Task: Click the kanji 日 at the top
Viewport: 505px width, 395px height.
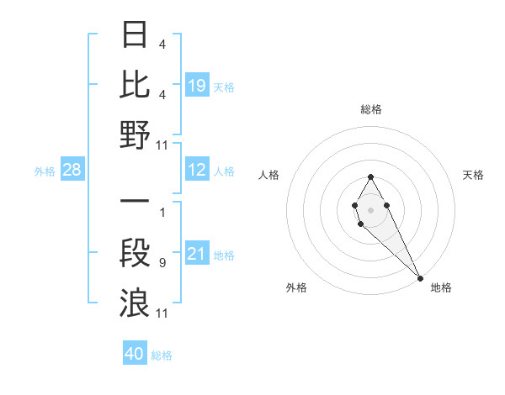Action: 135,34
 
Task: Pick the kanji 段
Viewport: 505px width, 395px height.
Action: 135,253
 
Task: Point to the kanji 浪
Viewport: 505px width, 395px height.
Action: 135,303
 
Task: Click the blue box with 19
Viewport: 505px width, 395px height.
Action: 196,85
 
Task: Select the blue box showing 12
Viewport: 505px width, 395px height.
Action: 196,171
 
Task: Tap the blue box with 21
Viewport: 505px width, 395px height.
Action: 196,254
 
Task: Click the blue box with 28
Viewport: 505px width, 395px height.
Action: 72,171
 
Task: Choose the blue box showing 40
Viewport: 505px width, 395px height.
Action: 135,354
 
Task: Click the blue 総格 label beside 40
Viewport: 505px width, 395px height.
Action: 162,355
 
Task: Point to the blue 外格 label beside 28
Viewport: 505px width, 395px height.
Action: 45,171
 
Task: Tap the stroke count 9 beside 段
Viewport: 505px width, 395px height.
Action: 162,264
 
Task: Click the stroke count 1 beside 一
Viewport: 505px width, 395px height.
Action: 162,213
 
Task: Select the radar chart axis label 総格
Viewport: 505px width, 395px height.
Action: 371,109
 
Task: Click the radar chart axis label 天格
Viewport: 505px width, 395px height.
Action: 473,175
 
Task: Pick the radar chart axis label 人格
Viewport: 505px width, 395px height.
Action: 269,175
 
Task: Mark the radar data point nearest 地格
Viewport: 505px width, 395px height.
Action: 420,278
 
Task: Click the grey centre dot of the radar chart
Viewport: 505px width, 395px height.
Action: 370,209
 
